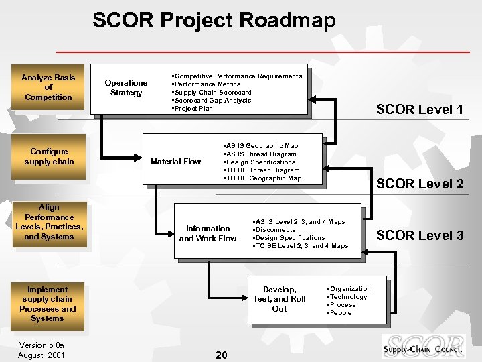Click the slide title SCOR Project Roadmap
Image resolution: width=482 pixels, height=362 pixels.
pos(214,20)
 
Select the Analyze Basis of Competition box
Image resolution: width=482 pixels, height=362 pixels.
pos(48,87)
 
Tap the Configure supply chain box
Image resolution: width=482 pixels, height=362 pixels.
pos(49,156)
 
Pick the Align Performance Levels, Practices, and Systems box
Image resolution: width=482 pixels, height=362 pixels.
pos(49,222)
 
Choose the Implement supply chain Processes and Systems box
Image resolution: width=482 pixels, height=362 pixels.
pos(48,304)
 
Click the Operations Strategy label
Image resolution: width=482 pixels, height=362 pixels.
pos(126,88)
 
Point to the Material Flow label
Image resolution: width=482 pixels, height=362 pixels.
pos(175,162)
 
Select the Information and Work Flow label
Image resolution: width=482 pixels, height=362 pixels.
pos(208,233)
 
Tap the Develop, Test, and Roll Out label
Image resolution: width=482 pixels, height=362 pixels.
pos(279,299)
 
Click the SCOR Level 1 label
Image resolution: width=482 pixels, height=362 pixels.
pos(419,109)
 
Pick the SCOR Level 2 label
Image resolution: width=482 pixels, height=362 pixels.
pos(419,184)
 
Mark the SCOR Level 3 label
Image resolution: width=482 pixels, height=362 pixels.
pos(419,235)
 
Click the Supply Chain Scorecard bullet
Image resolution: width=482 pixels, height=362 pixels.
pos(213,93)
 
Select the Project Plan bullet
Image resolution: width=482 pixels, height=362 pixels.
pos(194,109)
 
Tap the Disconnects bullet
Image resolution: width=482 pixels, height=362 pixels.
pos(274,230)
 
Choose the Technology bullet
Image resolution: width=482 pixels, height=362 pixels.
pos(348,297)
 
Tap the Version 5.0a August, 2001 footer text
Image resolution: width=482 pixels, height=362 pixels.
pos(42,350)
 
